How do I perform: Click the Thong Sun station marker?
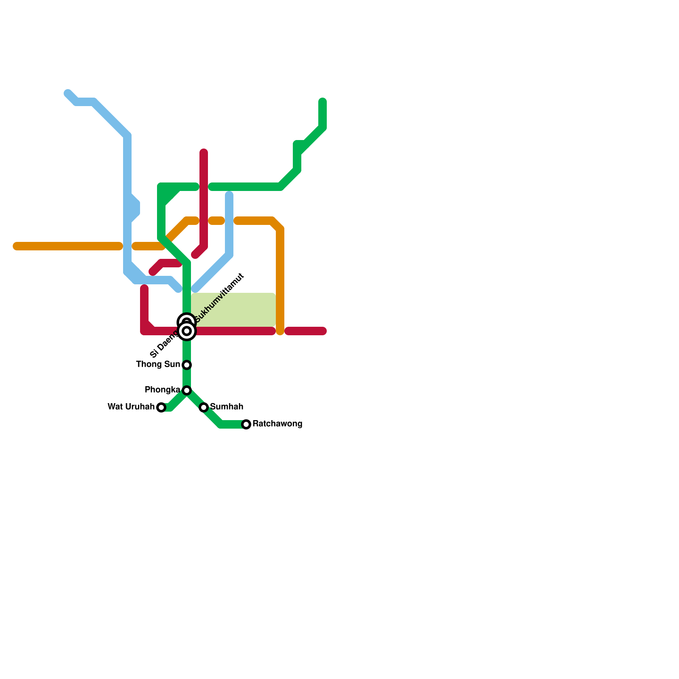click(187, 365)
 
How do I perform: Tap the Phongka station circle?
click(187, 390)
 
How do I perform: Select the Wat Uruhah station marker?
click(161, 407)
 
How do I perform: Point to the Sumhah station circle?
click(204, 407)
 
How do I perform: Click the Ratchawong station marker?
click(246, 424)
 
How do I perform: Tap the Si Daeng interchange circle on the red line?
click(187, 331)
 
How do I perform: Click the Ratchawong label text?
click(277, 424)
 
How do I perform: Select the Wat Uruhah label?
click(131, 407)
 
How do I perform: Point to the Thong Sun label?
click(158, 365)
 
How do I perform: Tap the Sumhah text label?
click(227, 407)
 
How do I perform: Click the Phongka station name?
click(162, 390)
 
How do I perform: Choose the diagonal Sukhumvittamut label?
click(219, 298)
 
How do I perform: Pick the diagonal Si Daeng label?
click(164, 345)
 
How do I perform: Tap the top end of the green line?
click(323, 101)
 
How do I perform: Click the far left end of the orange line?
click(16, 246)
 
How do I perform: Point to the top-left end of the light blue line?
click(67, 93)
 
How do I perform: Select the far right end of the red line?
click(323, 331)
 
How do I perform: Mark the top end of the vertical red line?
click(204, 152)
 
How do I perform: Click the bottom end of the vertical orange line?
click(280, 331)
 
